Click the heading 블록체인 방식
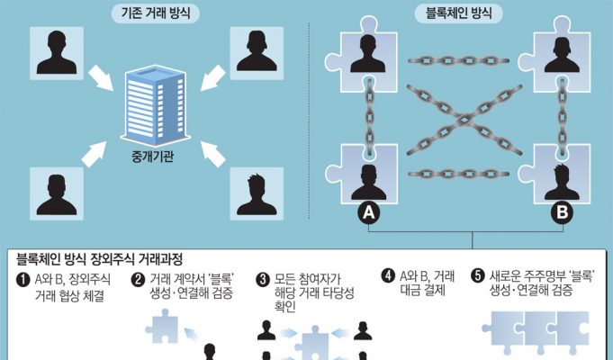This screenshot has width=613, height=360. (458, 14)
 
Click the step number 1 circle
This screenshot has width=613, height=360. (23, 279)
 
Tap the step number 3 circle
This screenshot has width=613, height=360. (264, 279)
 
